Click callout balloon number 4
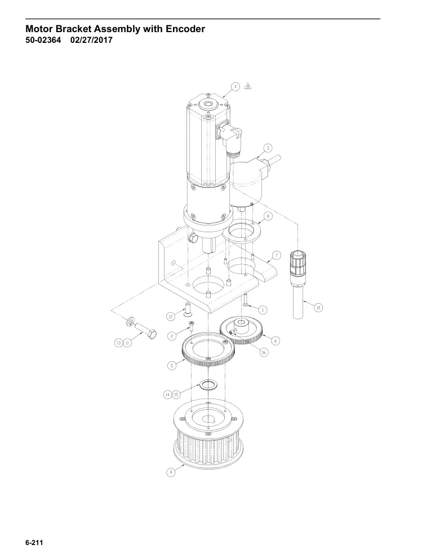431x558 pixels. pos(235,87)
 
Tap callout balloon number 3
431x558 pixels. pos(268,148)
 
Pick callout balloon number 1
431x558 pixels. pos(263,310)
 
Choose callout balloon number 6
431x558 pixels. pos(276,340)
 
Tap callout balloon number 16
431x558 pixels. pos(264,352)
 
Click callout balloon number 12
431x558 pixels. pos(171,316)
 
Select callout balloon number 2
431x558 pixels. pos(172,336)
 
